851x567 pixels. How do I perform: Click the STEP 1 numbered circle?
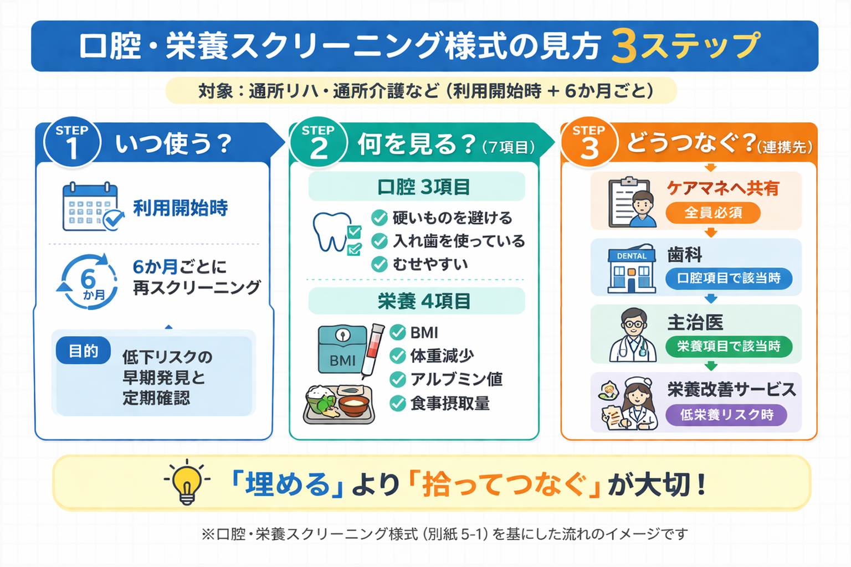coord(72,143)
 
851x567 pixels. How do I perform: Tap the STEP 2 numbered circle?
coord(318,143)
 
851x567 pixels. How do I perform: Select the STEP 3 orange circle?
coord(589,143)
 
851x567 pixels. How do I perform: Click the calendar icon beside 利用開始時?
coord(91,207)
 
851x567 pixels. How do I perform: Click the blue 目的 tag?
coord(83,351)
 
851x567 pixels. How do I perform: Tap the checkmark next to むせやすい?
coord(379,264)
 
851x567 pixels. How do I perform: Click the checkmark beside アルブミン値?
coord(398,379)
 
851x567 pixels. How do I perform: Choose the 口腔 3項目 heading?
coord(417,187)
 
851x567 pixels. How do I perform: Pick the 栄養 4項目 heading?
coord(417,301)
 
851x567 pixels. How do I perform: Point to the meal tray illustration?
coord(339,405)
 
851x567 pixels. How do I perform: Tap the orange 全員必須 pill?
coord(712,213)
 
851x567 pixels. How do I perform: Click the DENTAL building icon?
coord(631,269)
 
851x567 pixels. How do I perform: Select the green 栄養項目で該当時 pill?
coord(728,347)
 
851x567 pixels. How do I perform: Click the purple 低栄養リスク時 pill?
coord(726,415)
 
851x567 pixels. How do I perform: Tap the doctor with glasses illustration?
coord(633,335)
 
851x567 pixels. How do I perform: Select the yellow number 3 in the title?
coord(624,47)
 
